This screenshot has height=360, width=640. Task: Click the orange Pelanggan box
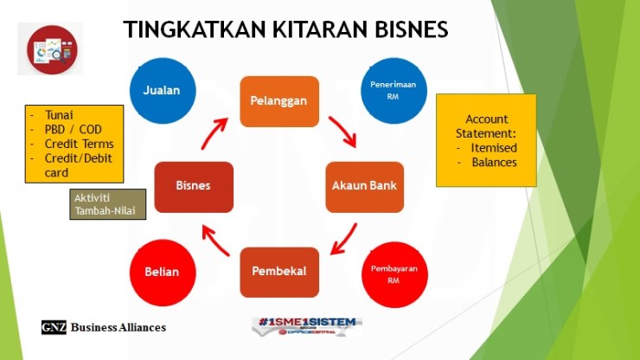(279, 101)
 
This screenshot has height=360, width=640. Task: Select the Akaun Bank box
(365, 186)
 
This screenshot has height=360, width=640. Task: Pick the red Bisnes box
(194, 186)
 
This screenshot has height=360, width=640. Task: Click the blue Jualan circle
(163, 90)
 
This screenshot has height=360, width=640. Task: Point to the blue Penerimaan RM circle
(394, 90)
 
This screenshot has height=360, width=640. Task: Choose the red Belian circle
(163, 272)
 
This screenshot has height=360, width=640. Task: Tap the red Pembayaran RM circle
(394, 273)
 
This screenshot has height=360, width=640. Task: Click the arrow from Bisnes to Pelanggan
(215, 132)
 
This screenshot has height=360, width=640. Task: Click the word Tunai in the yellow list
(58, 114)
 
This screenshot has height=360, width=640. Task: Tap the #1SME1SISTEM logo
(307, 325)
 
